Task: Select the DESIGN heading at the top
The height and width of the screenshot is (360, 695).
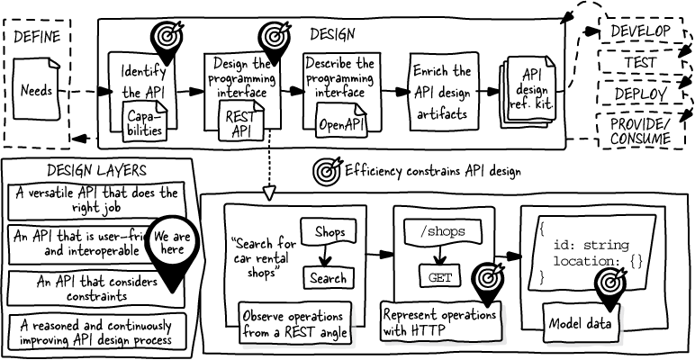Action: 332,34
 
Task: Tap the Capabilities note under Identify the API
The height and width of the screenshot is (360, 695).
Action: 145,121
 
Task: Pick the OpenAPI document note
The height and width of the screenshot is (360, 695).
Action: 341,120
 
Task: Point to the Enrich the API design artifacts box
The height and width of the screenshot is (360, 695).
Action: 444,92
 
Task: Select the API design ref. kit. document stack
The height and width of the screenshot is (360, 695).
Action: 528,92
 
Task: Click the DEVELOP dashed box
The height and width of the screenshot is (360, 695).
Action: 640,31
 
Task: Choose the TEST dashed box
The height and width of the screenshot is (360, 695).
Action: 640,61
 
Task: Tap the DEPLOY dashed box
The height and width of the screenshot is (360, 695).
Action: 640,93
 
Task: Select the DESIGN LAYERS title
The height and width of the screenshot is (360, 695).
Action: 96,170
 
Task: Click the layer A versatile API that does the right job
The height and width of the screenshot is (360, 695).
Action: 96,201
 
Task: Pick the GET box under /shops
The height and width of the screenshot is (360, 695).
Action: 440,277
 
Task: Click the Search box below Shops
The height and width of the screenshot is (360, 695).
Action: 329,278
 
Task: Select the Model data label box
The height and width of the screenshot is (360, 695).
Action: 580,324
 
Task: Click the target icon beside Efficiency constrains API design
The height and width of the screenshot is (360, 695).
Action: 328,170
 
